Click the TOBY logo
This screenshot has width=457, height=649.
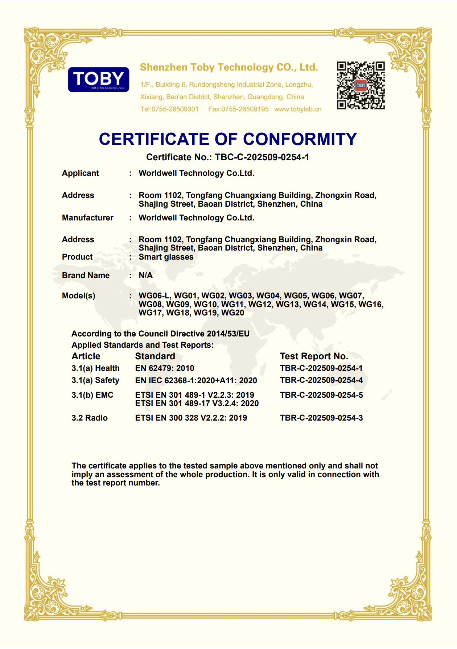tap(98, 79)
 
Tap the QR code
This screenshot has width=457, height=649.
tap(361, 86)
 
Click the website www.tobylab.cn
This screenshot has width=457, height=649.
tap(298, 109)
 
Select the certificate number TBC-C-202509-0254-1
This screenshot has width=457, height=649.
tap(262, 157)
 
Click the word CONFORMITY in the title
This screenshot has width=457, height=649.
tap(300, 139)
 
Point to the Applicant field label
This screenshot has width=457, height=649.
tap(80, 173)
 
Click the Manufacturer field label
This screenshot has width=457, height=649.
tap(87, 218)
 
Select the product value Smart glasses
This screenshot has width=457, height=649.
tap(166, 257)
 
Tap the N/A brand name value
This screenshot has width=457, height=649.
tap(145, 276)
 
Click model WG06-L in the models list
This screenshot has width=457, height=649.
tap(155, 296)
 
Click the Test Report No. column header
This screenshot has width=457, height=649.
tap(314, 356)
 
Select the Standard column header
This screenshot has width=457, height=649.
tap(155, 356)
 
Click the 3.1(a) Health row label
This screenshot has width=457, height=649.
tap(95, 368)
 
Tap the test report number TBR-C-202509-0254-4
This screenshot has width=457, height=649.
tap(321, 380)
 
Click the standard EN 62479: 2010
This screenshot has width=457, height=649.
tap(165, 368)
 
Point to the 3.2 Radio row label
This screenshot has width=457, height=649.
tap(90, 418)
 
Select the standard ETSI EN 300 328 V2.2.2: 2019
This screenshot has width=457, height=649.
tap(191, 418)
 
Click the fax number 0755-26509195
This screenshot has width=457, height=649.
tap(245, 109)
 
